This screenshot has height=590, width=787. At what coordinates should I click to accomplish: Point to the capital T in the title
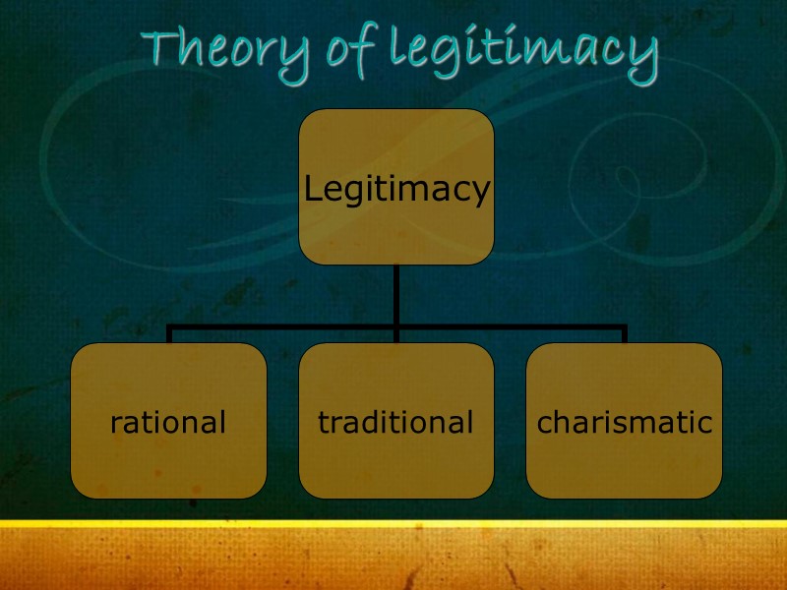point(158,46)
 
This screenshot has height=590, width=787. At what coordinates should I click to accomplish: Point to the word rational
point(168,423)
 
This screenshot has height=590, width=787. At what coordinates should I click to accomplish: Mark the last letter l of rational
point(222,422)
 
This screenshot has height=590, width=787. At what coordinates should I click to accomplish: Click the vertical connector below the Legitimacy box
point(395,294)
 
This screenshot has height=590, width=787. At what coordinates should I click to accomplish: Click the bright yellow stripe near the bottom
point(393,525)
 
